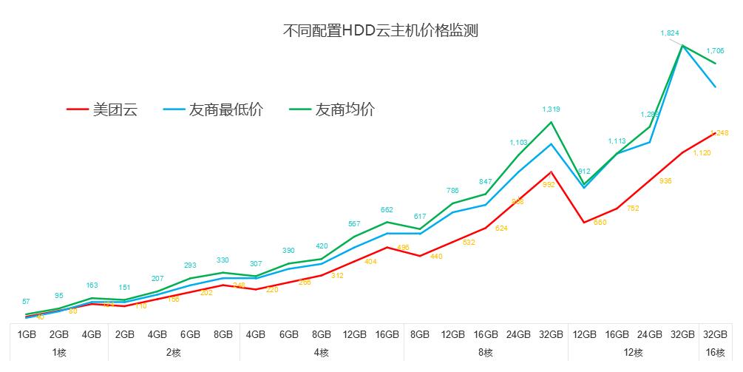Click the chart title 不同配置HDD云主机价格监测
[381, 31]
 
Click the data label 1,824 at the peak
[670, 33]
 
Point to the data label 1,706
[715, 50]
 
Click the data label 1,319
[551, 109]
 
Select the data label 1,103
[518, 142]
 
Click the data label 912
[583, 172]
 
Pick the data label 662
[387, 210]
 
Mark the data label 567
[354, 224]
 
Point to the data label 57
[26, 301]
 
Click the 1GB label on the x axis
[27, 334]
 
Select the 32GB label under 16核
[715, 334]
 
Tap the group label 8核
[485, 353]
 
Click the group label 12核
[633, 353]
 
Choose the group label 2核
[173, 353]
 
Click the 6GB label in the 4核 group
[288, 334]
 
